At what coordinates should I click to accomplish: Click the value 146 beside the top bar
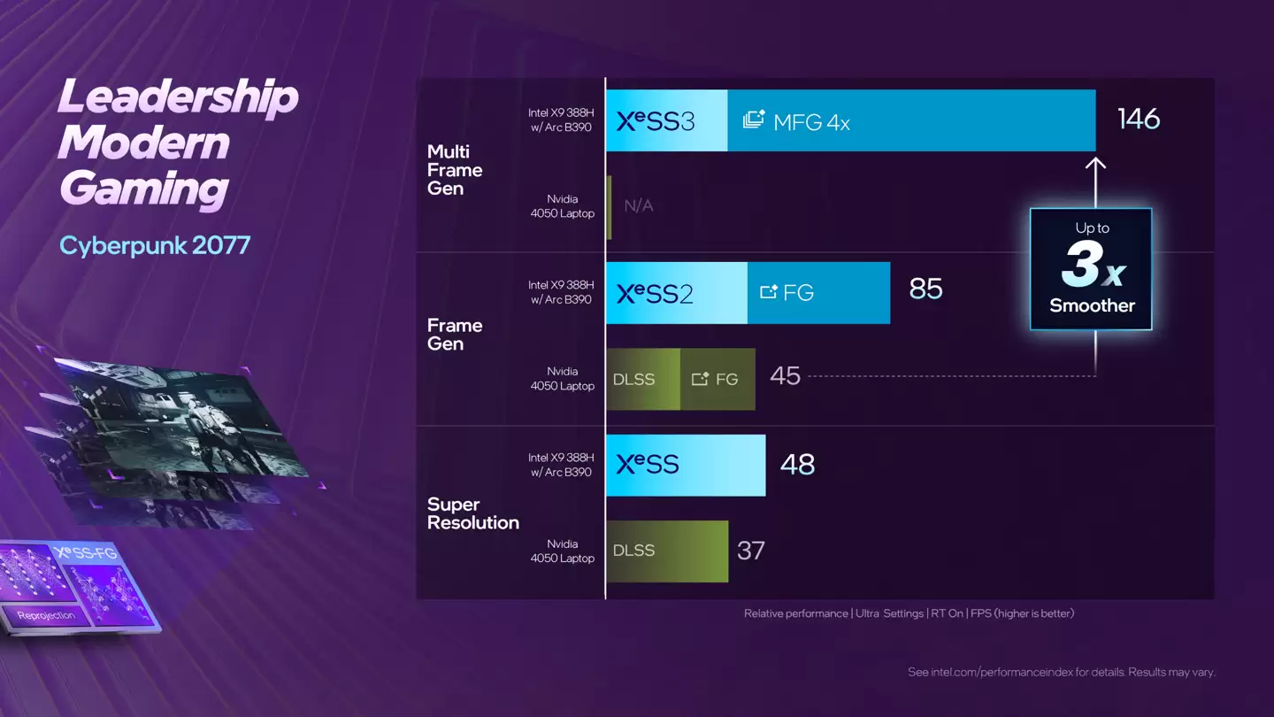[1138, 119]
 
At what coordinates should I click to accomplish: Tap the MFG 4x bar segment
[911, 121]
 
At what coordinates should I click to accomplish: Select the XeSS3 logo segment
[666, 121]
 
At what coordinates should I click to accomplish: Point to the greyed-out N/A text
[638, 206]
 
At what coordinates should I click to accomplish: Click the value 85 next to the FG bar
[925, 289]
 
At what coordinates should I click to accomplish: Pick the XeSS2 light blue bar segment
[676, 293]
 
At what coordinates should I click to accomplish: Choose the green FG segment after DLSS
[718, 380]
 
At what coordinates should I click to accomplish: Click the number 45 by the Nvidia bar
[785, 376]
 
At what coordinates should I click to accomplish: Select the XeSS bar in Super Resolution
[685, 465]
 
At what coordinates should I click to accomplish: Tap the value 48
[797, 465]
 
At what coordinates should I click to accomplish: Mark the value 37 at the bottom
[750, 551]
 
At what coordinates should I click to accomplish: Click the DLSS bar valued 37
[666, 551]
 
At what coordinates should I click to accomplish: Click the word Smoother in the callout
[1092, 306]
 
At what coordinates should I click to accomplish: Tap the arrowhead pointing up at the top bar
[1095, 164]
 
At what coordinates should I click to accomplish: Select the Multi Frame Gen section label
[454, 170]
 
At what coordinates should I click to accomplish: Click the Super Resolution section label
[472, 513]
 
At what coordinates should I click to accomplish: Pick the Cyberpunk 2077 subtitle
[155, 245]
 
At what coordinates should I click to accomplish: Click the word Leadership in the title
[178, 96]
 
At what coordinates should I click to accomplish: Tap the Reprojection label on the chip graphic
[46, 614]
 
